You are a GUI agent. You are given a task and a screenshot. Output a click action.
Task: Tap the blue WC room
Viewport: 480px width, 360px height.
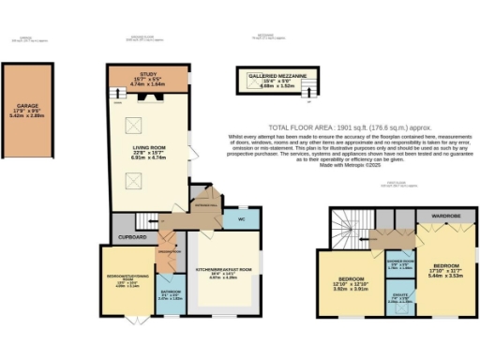233,220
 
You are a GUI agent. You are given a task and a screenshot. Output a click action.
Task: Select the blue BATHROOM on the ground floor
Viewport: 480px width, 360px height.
171,293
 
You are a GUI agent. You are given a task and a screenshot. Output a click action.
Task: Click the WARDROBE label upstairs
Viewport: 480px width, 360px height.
442,215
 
